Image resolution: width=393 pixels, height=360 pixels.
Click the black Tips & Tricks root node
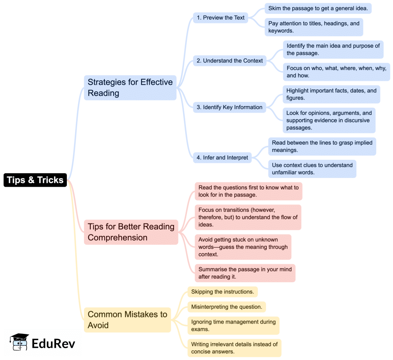coord(35,180)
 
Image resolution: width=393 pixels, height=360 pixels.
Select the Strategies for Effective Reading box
coord(130,87)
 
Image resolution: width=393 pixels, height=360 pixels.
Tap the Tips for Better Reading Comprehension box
coord(131,232)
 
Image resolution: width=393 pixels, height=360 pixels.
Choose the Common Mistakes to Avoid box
coord(127,320)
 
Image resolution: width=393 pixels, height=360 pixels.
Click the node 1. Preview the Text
coord(220,18)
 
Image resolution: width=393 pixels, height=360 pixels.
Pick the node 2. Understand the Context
coord(230,61)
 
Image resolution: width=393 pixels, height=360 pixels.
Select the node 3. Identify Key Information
coord(230,107)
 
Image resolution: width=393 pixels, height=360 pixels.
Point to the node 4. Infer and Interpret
coord(222,158)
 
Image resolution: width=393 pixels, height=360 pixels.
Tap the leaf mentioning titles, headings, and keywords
coord(314,27)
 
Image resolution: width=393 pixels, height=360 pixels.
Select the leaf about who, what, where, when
coord(336,72)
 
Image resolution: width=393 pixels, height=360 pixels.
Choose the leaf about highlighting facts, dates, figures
coord(331,94)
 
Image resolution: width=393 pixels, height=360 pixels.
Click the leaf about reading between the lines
coord(322,146)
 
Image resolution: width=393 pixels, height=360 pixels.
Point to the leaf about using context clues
coord(312,169)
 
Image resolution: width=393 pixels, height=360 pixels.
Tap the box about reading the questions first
coord(248,191)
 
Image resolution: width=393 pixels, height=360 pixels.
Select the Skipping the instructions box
coord(223,292)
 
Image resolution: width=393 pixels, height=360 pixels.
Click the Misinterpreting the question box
coord(226,307)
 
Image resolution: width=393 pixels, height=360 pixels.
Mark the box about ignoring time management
coord(233,325)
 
